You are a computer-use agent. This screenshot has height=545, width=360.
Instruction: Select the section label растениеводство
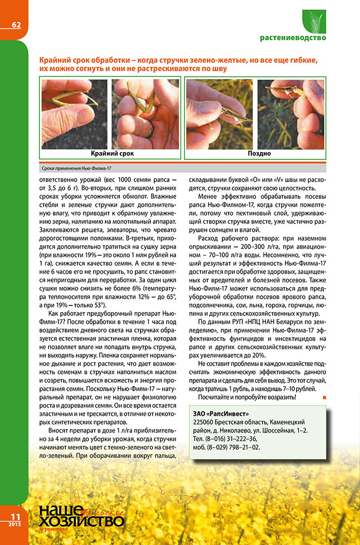coord(293,38)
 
